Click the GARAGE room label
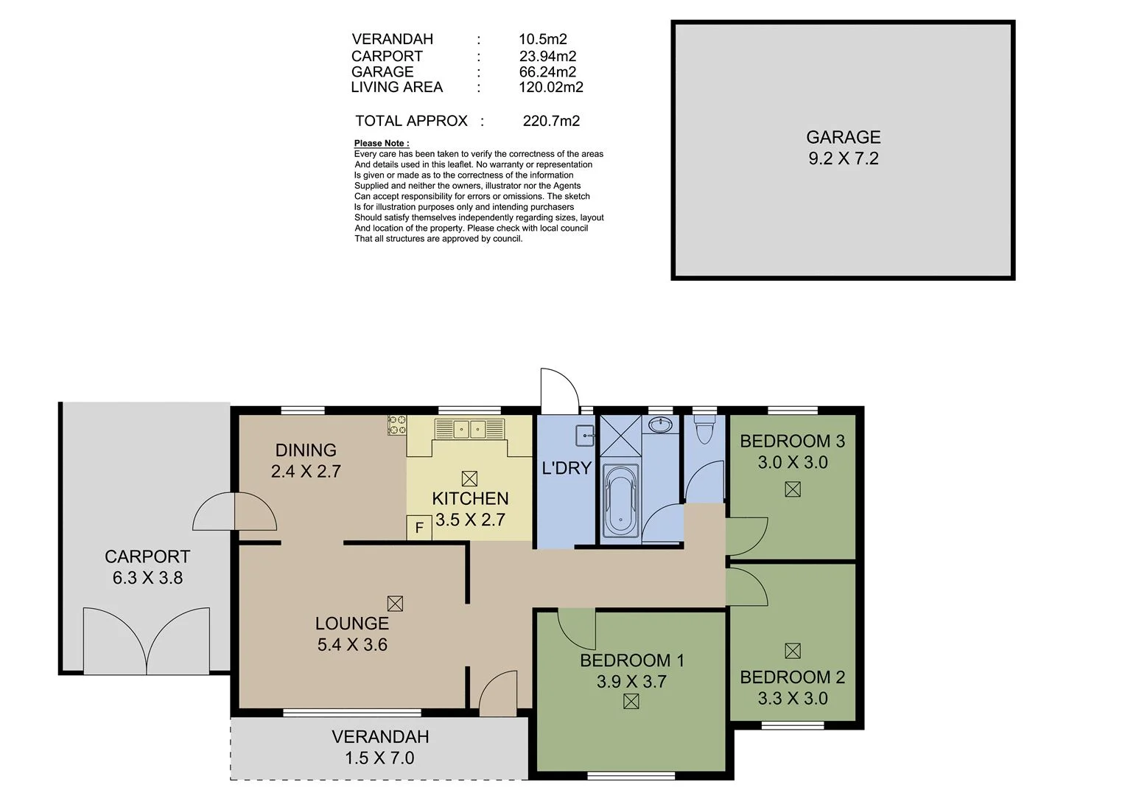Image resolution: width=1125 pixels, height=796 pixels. [843, 137]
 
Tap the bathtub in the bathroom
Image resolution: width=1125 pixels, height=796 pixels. [620, 500]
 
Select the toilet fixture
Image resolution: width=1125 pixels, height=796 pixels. [704, 430]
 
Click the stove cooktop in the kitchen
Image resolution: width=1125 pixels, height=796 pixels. [397, 425]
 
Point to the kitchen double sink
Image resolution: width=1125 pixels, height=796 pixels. [469, 428]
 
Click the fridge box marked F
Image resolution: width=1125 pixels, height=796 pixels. [419, 528]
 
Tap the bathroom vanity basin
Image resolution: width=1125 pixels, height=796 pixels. [661, 425]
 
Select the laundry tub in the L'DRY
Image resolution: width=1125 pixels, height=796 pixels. [584, 435]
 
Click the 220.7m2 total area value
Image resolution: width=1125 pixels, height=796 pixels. [551, 121]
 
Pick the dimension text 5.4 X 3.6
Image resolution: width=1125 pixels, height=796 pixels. [352, 645]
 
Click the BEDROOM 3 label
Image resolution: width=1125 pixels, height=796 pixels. [792, 441]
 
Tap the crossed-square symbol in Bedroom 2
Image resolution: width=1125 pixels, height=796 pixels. [793, 651]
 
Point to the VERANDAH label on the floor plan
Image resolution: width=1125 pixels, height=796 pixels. [380, 737]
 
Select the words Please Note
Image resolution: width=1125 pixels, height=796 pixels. [380, 143]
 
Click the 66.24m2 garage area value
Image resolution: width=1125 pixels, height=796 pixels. [547, 71]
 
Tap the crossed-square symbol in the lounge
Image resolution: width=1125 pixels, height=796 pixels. [395, 604]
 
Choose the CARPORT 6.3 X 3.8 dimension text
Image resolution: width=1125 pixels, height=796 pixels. [147, 578]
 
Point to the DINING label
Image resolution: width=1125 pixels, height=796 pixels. [306, 450]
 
